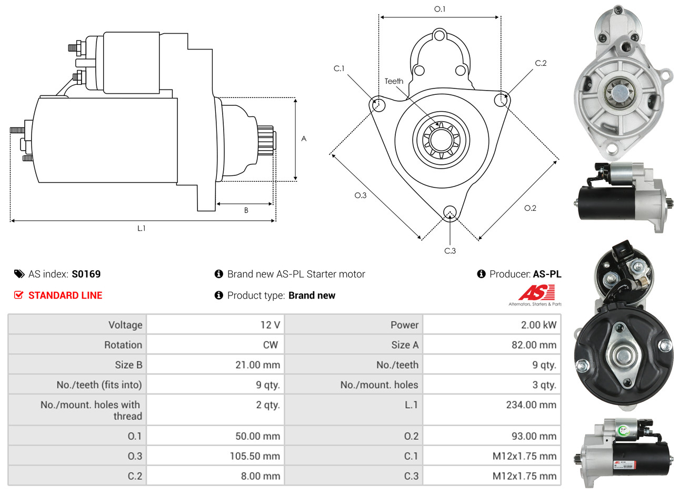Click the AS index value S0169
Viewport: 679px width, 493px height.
pyautogui.click(x=86, y=274)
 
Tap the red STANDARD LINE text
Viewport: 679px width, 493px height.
pyautogui.click(x=65, y=295)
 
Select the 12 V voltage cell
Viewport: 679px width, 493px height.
pyautogui.click(x=270, y=325)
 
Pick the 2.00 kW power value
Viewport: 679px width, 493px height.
pyautogui.click(x=538, y=325)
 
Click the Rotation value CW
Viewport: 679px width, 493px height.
pyautogui.click(x=270, y=345)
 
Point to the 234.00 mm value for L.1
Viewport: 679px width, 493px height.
pyautogui.click(x=531, y=405)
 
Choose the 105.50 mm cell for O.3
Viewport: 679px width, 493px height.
pyautogui.click(x=255, y=456)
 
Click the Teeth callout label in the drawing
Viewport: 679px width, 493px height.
pyautogui.click(x=394, y=81)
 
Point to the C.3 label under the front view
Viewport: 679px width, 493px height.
pyautogui.click(x=450, y=251)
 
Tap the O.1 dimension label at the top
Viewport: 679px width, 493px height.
pyautogui.click(x=440, y=9)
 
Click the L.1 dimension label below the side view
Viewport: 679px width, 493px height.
pyautogui.click(x=142, y=228)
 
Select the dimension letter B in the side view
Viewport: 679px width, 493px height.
pyautogui.click(x=246, y=210)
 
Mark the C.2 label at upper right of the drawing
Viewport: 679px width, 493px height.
pyautogui.click(x=541, y=63)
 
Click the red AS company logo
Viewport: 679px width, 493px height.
pyautogui.click(x=536, y=292)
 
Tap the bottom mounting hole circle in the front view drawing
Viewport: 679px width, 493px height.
pyautogui.click(x=450, y=212)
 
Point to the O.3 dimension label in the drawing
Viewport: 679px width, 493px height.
pyautogui.click(x=360, y=195)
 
